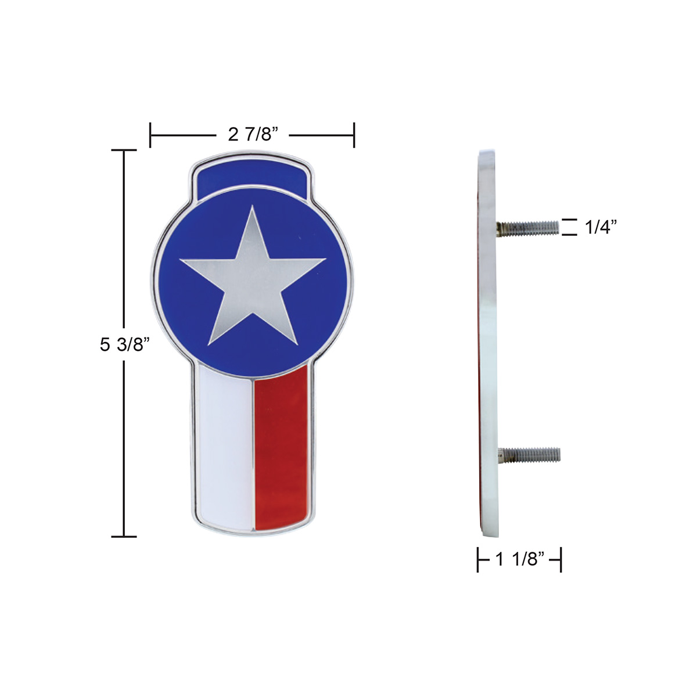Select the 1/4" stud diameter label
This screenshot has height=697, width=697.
(600, 227)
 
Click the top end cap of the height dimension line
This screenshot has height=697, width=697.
(124, 150)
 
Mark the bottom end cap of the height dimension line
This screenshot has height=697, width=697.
(124, 536)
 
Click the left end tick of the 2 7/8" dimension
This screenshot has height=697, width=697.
(151, 135)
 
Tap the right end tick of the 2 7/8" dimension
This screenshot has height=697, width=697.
(354, 135)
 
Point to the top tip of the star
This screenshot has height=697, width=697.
(253, 207)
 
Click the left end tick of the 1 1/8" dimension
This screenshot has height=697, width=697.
(478, 560)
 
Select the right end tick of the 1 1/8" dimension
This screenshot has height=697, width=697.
(561, 560)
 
